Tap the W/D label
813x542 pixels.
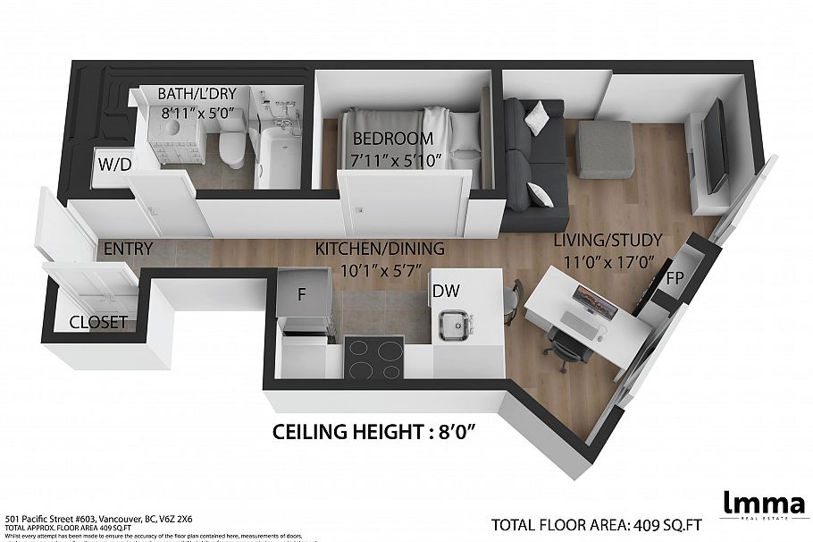point(114,164)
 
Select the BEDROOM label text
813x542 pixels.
point(392,139)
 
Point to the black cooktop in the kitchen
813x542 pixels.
point(373,360)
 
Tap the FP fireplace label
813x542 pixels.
point(675,277)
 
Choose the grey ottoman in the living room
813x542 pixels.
point(605,147)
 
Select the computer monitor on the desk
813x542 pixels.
point(587,300)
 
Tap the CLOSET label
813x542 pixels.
point(98,322)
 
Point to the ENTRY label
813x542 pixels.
point(128,249)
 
